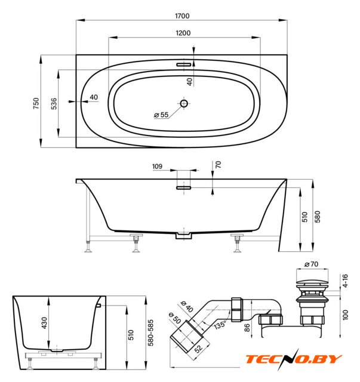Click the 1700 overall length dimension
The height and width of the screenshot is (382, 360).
(x=182, y=16)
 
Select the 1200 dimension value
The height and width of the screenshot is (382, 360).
(x=183, y=33)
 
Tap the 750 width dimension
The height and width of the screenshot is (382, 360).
(x=36, y=103)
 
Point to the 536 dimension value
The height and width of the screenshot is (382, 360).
(x=54, y=103)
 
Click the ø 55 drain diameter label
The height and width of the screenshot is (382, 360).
(x=161, y=115)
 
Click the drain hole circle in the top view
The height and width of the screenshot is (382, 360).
(x=184, y=103)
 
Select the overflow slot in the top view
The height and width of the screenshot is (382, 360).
(x=183, y=64)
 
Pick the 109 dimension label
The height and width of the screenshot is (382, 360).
(x=157, y=167)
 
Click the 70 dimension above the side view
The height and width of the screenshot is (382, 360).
(x=219, y=165)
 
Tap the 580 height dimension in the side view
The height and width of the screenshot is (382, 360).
(x=318, y=217)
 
